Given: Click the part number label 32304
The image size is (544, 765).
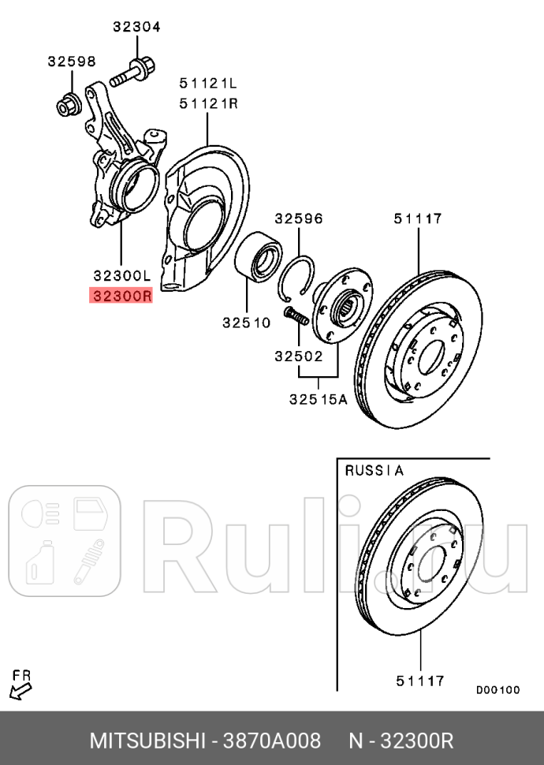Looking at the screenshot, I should (x=136, y=27).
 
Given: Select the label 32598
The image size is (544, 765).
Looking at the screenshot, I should (x=71, y=61).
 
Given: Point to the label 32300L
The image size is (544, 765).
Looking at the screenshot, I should (x=121, y=275).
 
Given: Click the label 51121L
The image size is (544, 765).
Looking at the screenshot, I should (x=208, y=82).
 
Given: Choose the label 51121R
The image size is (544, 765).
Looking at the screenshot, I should (x=208, y=103).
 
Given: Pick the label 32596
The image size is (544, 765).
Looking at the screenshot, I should (x=299, y=218).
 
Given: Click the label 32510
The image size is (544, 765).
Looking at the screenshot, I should (x=246, y=322).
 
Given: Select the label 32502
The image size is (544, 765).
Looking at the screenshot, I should (x=299, y=356).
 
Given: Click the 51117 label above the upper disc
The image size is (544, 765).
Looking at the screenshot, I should (x=418, y=218).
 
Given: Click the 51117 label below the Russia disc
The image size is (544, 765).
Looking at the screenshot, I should (x=419, y=680).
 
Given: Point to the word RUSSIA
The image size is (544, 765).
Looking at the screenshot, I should (x=374, y=471).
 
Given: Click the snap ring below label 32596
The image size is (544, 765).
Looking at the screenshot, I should (x=300, y=280).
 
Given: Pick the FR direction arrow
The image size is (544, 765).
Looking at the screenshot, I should (x=20, y=692).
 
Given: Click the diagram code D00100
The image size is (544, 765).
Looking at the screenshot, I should (x=497, y=690).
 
